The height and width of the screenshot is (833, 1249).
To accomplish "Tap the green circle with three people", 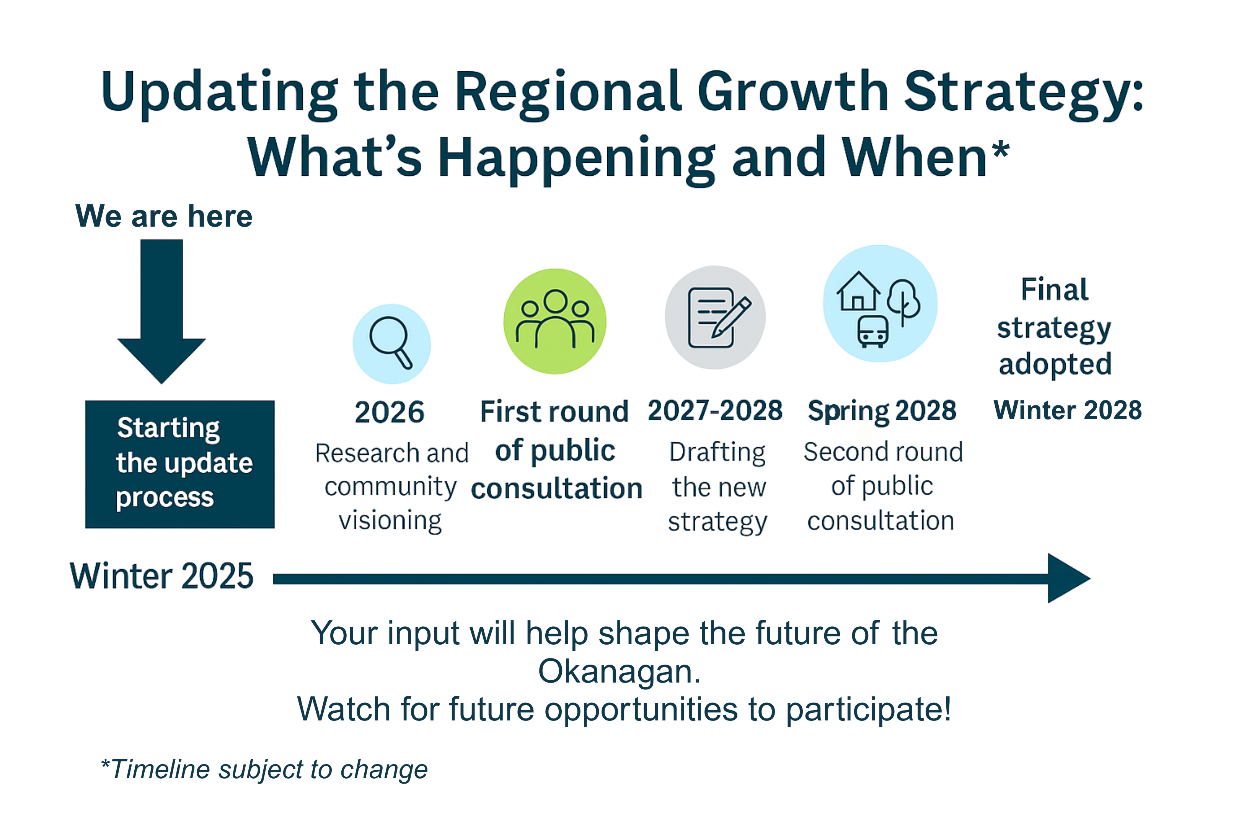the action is (555, 322).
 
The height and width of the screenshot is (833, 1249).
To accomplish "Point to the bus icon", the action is (872, 331).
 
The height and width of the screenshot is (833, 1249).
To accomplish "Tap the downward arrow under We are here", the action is (161, 311).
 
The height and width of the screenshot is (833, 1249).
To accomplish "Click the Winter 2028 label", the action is (1067, 410).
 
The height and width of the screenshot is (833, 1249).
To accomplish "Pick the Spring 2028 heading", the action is (882, 412).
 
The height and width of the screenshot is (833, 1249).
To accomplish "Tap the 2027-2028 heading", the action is (715, 411).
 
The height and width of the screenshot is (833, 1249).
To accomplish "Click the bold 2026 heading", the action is (389, 412).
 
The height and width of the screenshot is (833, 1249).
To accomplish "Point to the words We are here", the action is (163, 216).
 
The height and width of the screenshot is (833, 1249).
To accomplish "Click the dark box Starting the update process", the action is (180, 464).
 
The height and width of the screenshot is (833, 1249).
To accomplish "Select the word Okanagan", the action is (619, 671).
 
